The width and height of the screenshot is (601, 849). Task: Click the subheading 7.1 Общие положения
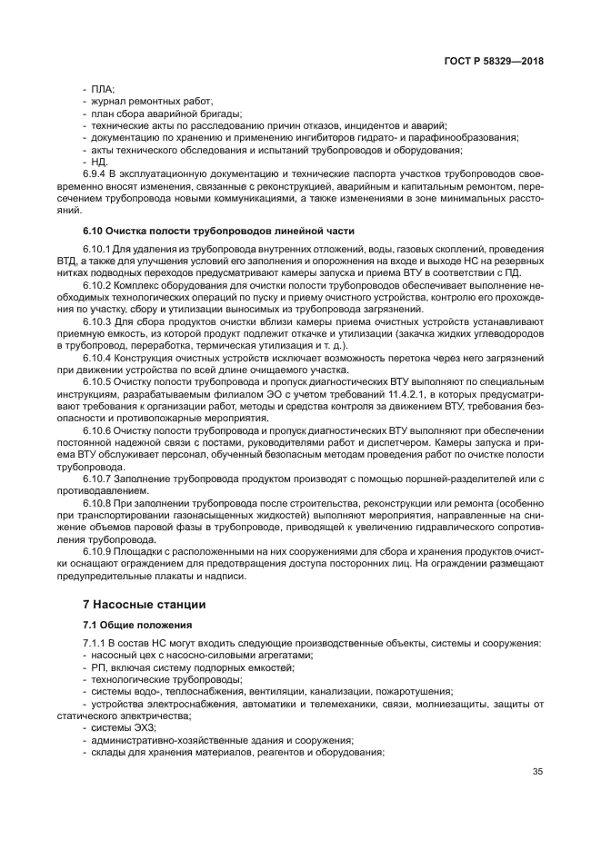click(137, 625)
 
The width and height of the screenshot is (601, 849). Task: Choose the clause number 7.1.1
click(95, 644)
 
